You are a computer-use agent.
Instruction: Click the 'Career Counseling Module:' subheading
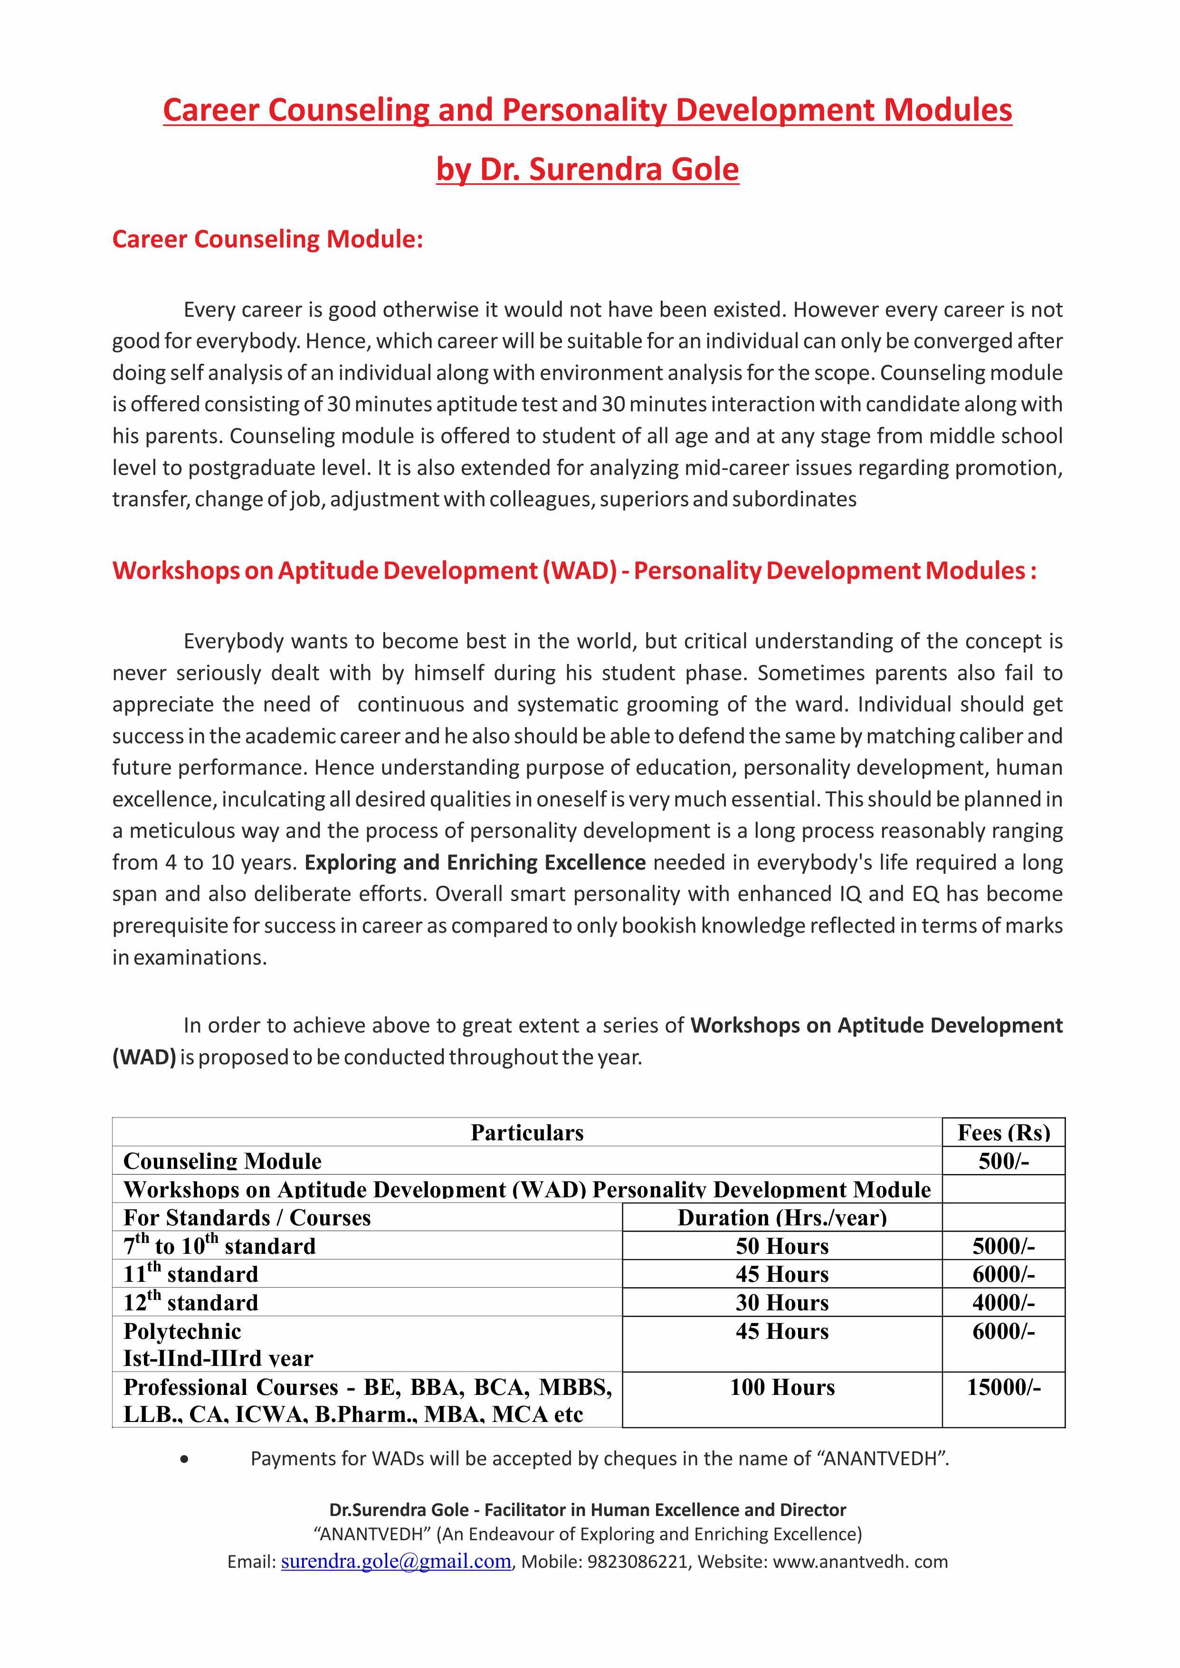point(267,239)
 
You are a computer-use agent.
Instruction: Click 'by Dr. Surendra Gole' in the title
point(587,169)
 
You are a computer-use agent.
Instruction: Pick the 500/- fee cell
point(1003,1161)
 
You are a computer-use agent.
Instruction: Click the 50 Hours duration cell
point(782,1246)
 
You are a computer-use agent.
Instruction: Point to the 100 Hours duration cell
point(782,1387)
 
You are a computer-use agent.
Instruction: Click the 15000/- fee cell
point(1003,1387)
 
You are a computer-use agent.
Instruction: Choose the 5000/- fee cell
point(1003,1246)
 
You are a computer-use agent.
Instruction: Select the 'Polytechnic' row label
point(182,1331)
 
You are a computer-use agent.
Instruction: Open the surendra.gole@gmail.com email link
point(396,1561)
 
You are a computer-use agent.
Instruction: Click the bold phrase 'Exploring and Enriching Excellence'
point(475,862)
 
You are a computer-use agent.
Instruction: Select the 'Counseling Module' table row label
point(222,1161)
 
